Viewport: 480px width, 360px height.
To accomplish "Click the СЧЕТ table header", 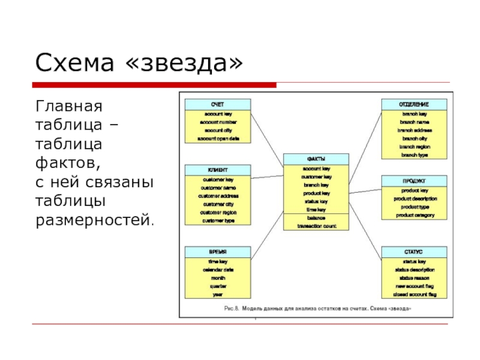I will (x=218, y=104).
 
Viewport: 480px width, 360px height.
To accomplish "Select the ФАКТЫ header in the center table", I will (x=316, y=158).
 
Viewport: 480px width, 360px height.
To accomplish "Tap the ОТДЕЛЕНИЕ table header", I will (x=414, y=104).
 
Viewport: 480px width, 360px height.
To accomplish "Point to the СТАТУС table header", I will (x=414, y=251).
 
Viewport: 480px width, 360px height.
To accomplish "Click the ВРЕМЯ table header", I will (x=218, y=251).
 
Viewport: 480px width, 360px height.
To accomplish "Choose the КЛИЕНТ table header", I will (x=218, y=170).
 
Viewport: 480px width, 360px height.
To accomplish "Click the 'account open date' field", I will (x=218, y=139).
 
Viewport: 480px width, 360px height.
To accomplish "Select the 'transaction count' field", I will (x=316, y=226).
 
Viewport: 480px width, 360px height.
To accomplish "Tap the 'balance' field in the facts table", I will (x=316, y=218).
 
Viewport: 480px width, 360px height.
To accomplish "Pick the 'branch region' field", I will (x=414, y=146).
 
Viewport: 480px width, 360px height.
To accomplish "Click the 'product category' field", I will (x=414, y=215).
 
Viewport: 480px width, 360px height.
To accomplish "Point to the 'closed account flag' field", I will (x=414, y=295).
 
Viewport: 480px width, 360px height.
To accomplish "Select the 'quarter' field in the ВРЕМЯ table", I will (x=218, y=286).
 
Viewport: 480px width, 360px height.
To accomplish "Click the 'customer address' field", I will (x=218, y=196).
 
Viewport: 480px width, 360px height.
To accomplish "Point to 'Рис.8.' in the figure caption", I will (x=233, y=308).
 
